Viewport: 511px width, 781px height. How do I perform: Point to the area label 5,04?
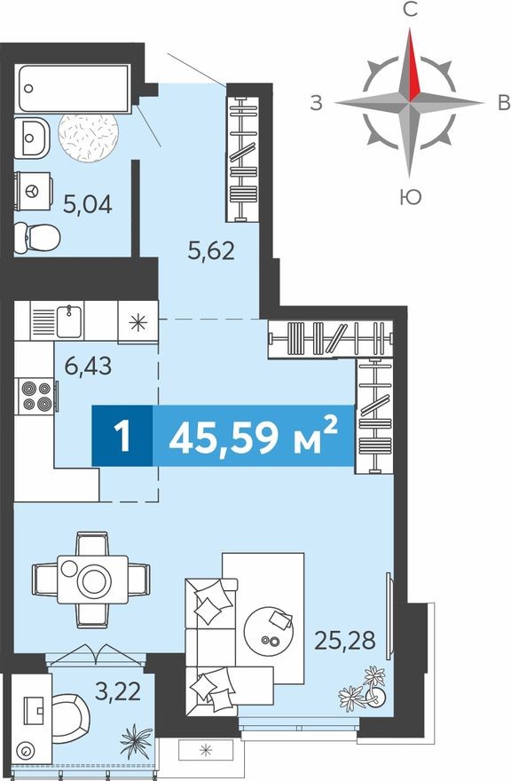pos(87,206)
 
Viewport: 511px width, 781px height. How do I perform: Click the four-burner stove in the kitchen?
pos(36,395)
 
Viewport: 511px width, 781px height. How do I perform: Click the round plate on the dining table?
pos(91,580)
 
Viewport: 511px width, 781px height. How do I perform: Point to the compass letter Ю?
pos(410,196)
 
